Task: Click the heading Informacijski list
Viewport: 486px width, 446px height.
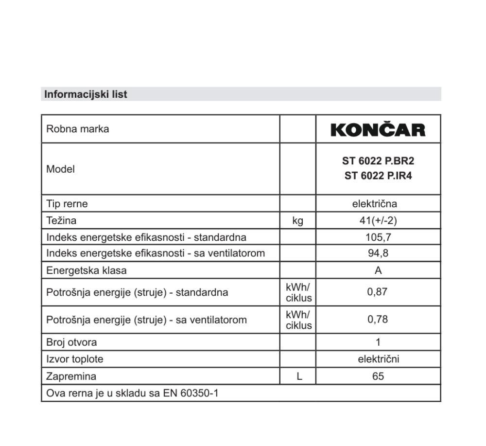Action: pos(86,94)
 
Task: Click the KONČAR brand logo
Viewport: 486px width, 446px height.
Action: pos(378,130)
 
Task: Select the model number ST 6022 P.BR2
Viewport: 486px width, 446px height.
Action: pos(378,161)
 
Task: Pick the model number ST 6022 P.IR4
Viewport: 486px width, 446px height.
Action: pos(378,176)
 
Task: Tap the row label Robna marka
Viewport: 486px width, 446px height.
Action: pos(77,129)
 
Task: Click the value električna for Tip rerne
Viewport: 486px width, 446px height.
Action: pos(378,204)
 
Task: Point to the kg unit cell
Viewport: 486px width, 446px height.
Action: pos(297,221)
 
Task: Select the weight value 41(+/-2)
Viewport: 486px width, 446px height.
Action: pos(378,221)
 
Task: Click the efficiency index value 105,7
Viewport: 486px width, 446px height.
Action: pos(378,237)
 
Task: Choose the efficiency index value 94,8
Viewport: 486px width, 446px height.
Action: pos(378,253)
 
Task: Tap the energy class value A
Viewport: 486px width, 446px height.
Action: pos(378,270)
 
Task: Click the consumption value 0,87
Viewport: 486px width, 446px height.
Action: pos(378,292)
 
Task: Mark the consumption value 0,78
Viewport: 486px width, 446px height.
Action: pos(378,320)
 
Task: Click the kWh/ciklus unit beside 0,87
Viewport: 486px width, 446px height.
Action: pos(298,292)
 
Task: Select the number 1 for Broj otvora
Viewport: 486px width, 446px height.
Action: pos(378,342)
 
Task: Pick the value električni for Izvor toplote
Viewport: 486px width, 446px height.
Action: pos(378,359)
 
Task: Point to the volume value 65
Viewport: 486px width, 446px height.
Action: pos(378,376)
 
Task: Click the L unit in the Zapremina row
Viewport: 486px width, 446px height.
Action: pos(299,376)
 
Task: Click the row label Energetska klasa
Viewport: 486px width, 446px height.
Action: pos(86,270)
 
